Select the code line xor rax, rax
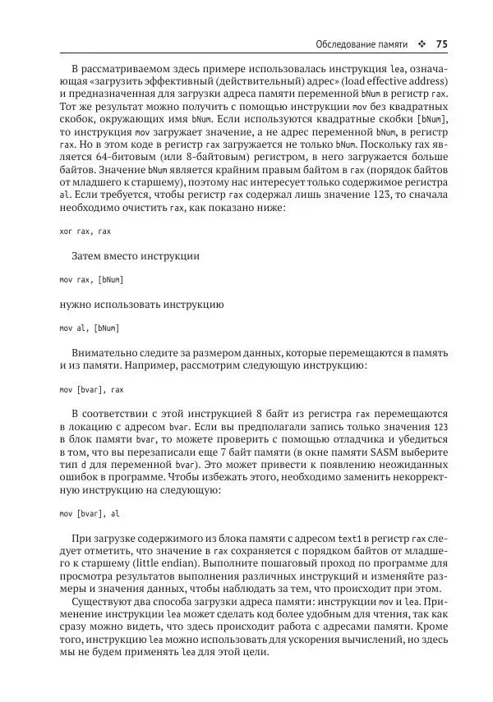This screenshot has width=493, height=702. (x=85, y=232)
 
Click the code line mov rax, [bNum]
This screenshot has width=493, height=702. (x=91, y=280)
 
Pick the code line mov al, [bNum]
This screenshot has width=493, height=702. (x=90, y=328)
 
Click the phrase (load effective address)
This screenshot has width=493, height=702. (x=393, y=81)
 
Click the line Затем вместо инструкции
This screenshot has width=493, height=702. (x=136, y=256)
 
